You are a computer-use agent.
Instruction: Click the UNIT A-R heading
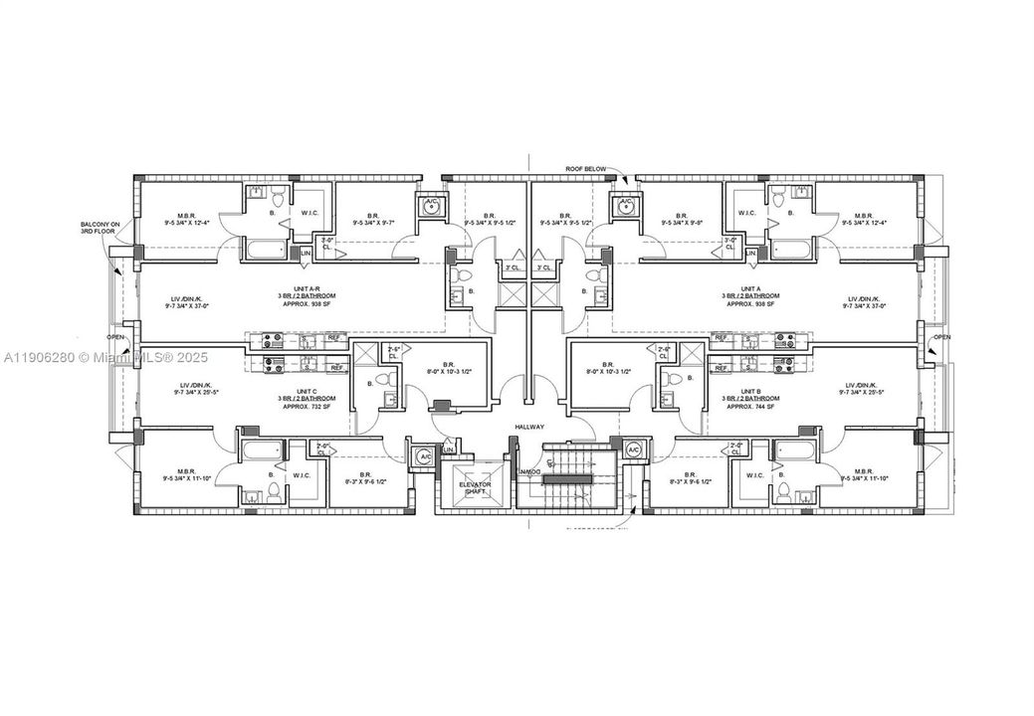298,288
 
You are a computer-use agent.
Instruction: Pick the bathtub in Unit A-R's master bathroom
264,250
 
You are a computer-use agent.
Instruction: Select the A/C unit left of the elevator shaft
423,454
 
